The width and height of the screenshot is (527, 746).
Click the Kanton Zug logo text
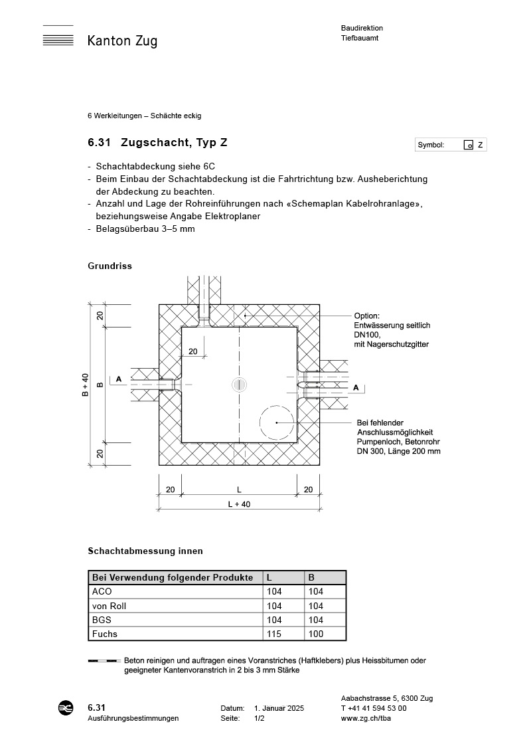click(x=122, y=41)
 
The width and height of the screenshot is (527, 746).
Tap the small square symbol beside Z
click(x=468, y=145)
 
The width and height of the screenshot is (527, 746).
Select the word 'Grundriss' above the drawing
click(x=110, y=266)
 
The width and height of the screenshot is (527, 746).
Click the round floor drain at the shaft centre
click(x=240, y=385)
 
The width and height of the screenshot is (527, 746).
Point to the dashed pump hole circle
click(x=277, y=422)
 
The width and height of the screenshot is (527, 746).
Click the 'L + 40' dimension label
click(x=239, y=504)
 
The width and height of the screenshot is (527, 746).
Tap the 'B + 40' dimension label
click(x=85, y=385)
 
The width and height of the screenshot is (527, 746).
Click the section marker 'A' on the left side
click(x=119, y=379)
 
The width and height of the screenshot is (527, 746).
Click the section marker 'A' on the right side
click(x=356, y=387)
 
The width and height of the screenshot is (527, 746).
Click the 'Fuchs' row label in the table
click(x=104, y=634)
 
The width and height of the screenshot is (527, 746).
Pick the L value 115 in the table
click(x=273, y=634)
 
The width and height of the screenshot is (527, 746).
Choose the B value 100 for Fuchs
click(x=316, y=634)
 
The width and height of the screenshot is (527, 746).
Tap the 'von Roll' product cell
click(x=109, y=606)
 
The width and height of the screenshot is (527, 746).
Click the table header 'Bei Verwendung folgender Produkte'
click(x=173, y=577)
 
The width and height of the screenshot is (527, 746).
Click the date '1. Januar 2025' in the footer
click(x=279, y=709)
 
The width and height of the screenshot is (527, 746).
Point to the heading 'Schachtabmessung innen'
click(x=145, y=551)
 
